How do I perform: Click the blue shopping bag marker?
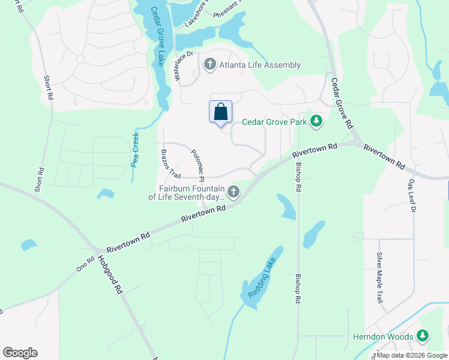220,112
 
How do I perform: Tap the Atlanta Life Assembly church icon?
209,65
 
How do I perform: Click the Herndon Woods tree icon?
423,337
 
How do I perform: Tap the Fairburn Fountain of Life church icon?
233,192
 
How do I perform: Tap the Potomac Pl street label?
198,166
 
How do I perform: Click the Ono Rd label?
85,265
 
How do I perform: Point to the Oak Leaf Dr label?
412,193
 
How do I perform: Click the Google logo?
20,353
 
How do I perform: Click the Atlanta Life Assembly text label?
259,65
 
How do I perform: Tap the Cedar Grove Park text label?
274,122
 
